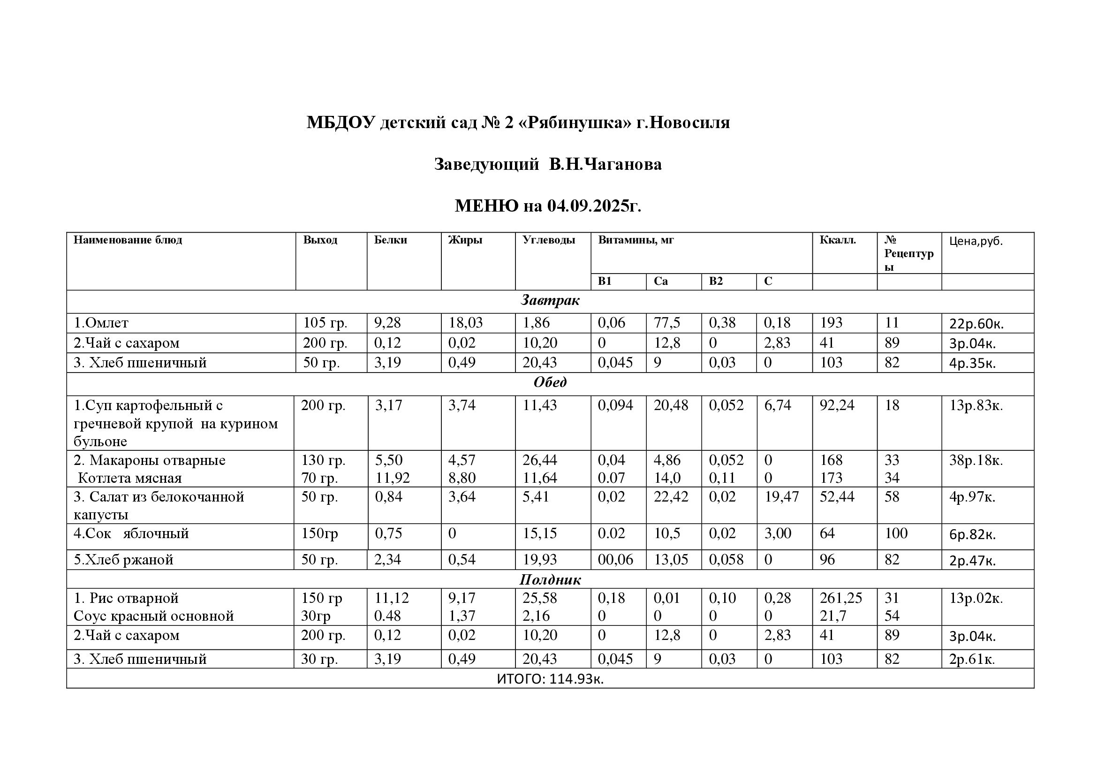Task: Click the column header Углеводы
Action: tap(549, 240)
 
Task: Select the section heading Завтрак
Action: tap(550, 301)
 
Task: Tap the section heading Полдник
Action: tap(550, 579)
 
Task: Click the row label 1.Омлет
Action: tap(101, 323)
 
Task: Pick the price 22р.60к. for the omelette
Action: tap(976, 324)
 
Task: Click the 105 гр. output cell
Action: tap(325, 323)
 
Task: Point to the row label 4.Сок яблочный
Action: tap(131, 533)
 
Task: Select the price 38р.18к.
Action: tap(976, 460)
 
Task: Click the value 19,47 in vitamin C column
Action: tap(781, 497)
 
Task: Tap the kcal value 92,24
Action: tap(837, 405)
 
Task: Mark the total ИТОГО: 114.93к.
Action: tap(550, 679)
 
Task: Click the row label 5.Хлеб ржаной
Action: tap(123, 560)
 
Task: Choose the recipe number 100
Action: tap(896, 533)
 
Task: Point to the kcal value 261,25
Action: tap(841, 598)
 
